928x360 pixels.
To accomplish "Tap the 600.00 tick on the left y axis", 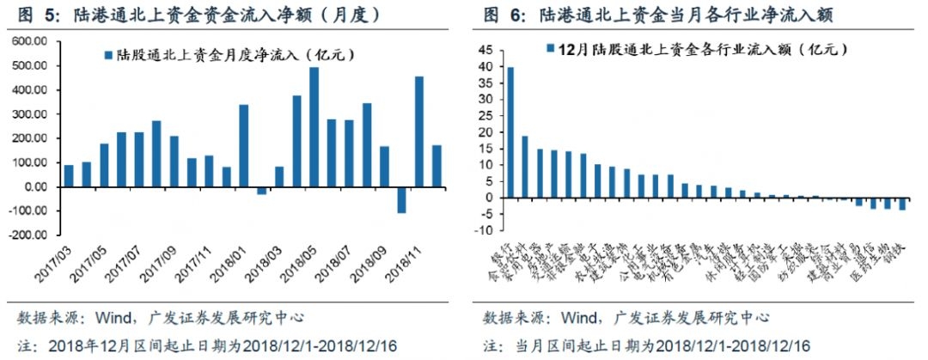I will click(29, 41).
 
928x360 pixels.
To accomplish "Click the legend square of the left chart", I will click(107, 55).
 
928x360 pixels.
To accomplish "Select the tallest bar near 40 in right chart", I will click(510, 132).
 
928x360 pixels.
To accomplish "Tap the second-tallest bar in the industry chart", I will click(524, 167).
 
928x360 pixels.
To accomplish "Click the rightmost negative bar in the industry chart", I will click(902, 204).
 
